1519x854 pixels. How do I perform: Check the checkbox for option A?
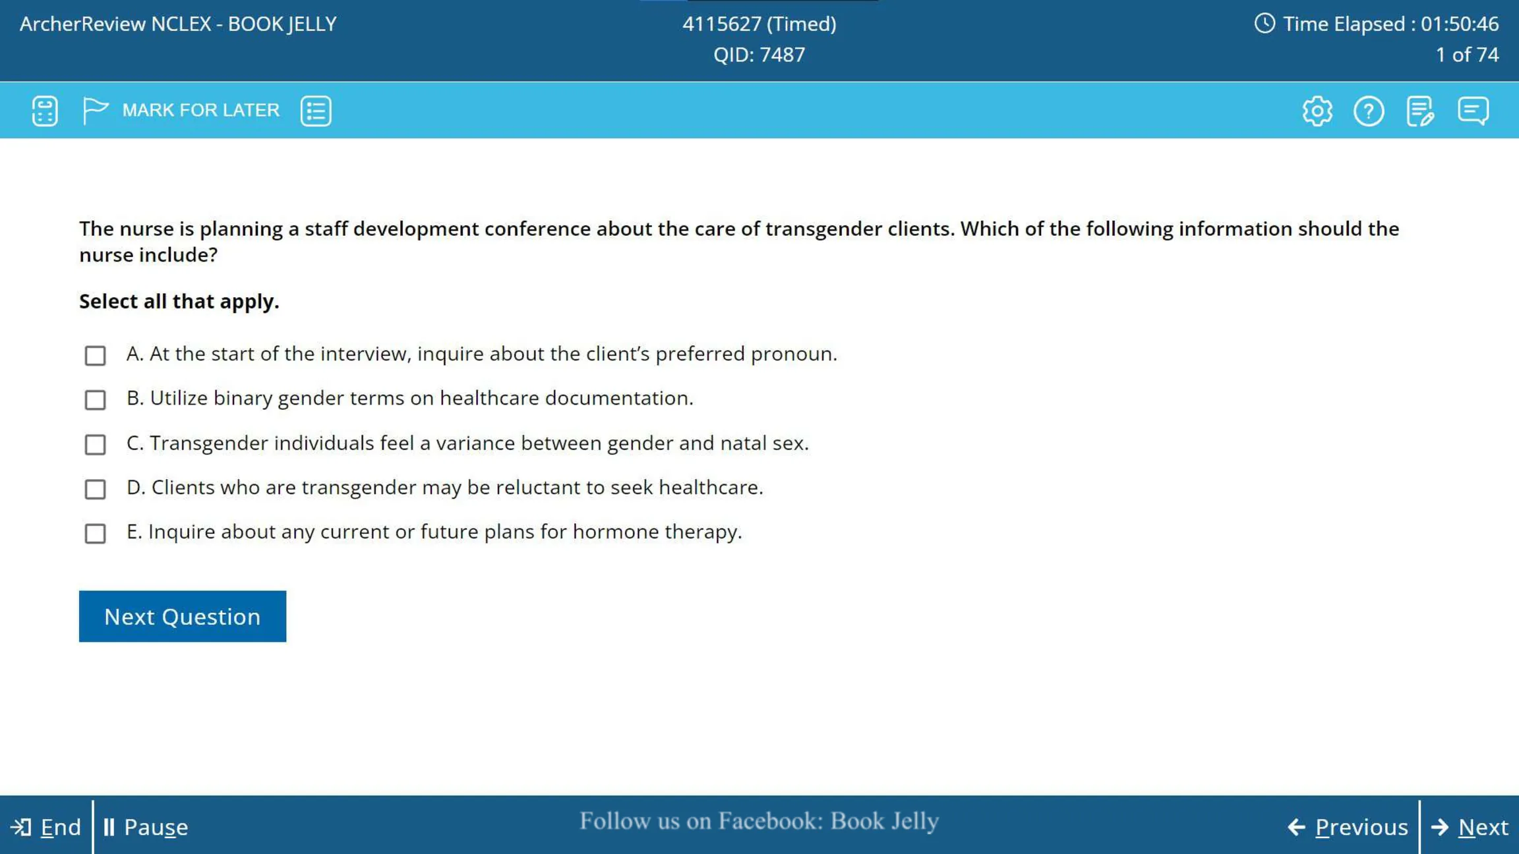(x=95, y=355)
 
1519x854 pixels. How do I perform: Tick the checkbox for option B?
(x=95, y=399)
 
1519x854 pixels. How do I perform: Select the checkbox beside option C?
(x=95, y=444)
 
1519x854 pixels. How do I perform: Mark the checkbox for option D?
(x=95, y=489)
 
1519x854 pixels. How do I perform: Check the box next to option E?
(x=95, y=533)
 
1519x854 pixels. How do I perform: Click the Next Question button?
(x=183, y=616)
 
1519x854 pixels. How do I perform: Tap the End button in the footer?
(x=46, y=827)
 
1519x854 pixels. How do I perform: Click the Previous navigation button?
(x=1348, y=827)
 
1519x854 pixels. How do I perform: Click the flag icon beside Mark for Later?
(x=95, y=110)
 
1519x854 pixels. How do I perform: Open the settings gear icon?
(x=1317, y=111)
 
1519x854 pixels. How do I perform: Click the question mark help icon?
(x=1369, y=111)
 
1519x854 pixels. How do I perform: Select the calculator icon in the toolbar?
(x=45, y=111)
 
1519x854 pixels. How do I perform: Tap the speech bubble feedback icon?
(x=1473, y=111)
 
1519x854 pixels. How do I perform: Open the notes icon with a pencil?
(x=1420, y=111)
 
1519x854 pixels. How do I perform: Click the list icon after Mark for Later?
(x=316, y=111)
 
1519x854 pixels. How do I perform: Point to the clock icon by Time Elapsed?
(x=1265, y=24)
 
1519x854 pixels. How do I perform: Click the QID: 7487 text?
(x=759, y=55)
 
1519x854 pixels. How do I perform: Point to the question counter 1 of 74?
(x=1467, y=55)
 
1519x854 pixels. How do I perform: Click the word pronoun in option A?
(x=794, y=355)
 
